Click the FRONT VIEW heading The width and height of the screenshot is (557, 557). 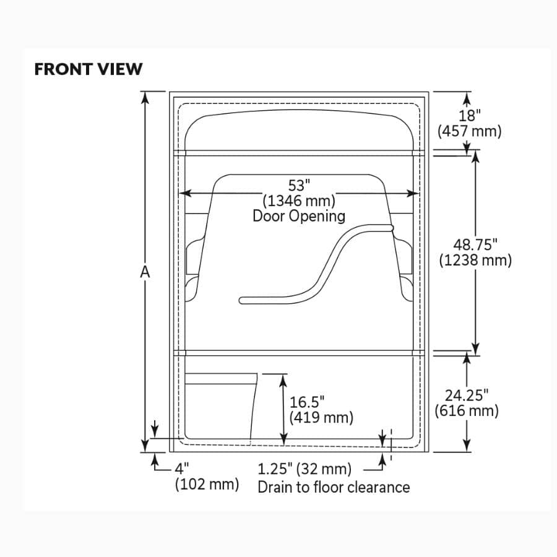88,69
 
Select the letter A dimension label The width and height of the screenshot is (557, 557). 145,272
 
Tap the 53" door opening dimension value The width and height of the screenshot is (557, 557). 298,185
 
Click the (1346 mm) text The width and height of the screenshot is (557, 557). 299,201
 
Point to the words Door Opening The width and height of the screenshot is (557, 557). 299,216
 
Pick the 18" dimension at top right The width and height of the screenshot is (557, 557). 470,116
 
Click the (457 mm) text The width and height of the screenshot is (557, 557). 469,131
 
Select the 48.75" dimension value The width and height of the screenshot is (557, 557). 475,244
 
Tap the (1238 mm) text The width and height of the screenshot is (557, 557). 475,260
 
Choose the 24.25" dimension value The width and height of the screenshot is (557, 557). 467,395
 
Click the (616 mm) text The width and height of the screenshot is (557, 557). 467,410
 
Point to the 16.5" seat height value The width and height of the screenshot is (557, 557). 307,402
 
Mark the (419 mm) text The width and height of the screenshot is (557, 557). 321,417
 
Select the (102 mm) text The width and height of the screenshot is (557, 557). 207,484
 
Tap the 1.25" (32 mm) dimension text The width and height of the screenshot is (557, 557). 304,469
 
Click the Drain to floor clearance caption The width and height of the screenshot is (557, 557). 334,487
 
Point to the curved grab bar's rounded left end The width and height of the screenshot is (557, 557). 243,301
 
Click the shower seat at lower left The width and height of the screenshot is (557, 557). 220,405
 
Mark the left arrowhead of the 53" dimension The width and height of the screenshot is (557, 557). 183,193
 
